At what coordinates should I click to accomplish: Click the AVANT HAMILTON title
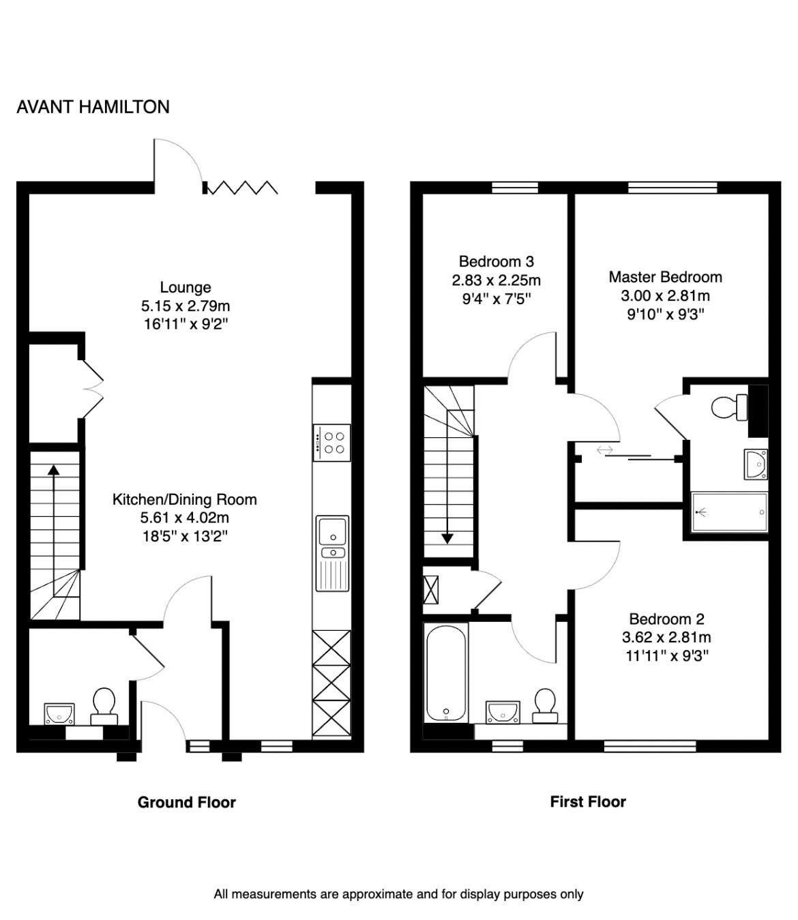click(x=93, y=107)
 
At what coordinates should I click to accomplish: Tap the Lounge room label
click(x=186, y=287)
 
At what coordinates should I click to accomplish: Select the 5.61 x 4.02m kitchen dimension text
click(x=185, y=518)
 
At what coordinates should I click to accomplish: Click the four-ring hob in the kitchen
click(x=331, y=443)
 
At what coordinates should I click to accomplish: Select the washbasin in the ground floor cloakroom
click(x=59, y=713)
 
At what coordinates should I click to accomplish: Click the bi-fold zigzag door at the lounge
click(x=242, y=187)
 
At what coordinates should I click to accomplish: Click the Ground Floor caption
click(x=186, y=802)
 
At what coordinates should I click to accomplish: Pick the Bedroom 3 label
click(x=496, y=261)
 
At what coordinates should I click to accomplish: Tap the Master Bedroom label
click(x=665, y=277)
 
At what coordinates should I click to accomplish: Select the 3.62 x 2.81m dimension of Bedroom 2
click(x=666, y=638)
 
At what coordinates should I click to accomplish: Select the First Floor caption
click(x=588, y=802)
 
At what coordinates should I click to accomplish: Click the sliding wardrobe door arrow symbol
click(x=604, y=450)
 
